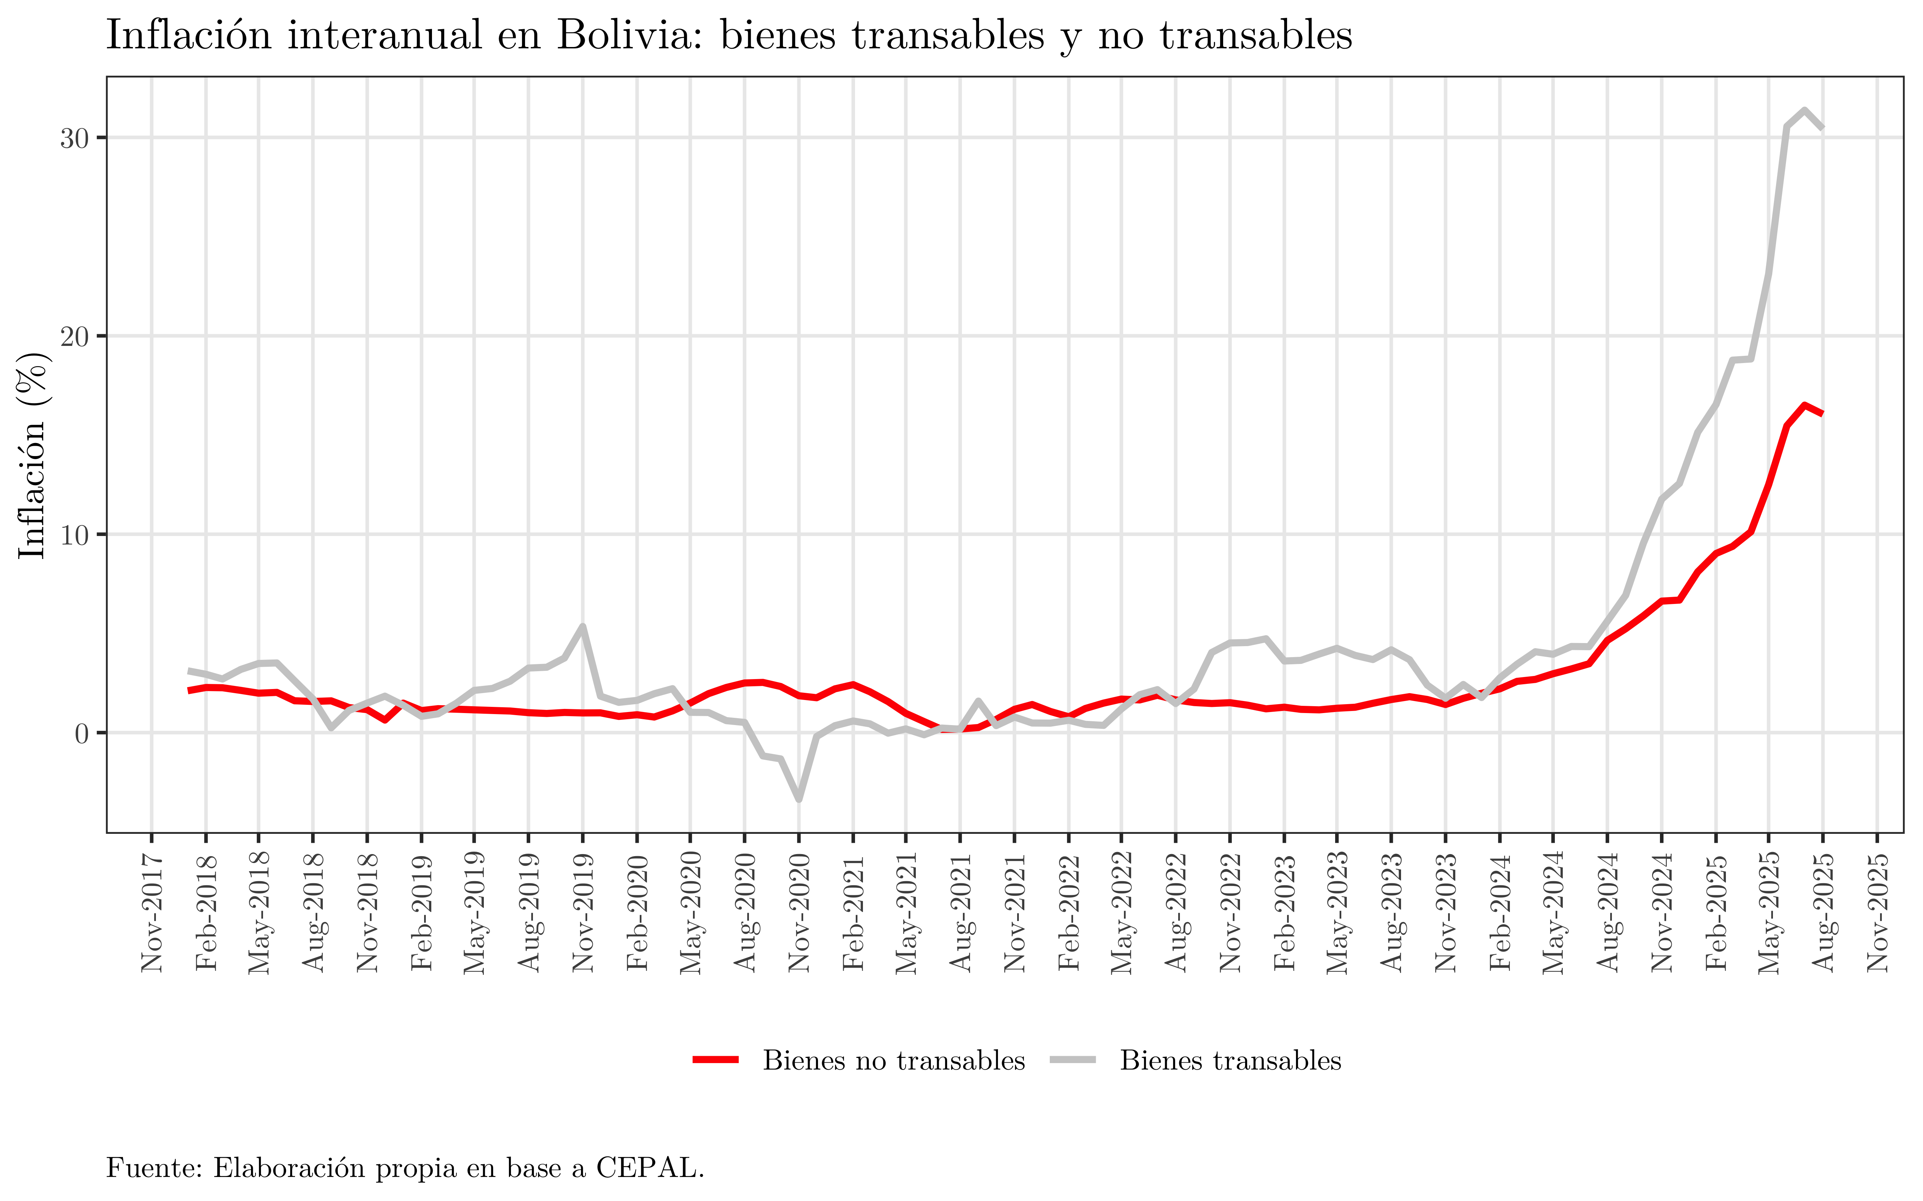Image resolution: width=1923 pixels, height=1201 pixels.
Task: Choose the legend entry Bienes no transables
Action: pos(893,1060)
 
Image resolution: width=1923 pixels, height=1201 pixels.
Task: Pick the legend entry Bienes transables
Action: pos(1230,1060)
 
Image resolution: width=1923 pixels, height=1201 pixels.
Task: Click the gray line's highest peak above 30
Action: pos(1805,110)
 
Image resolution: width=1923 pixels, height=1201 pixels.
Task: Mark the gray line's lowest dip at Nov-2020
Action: pos(799,799)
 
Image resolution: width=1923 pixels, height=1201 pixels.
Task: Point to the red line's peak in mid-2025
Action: pos(1805,405)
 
